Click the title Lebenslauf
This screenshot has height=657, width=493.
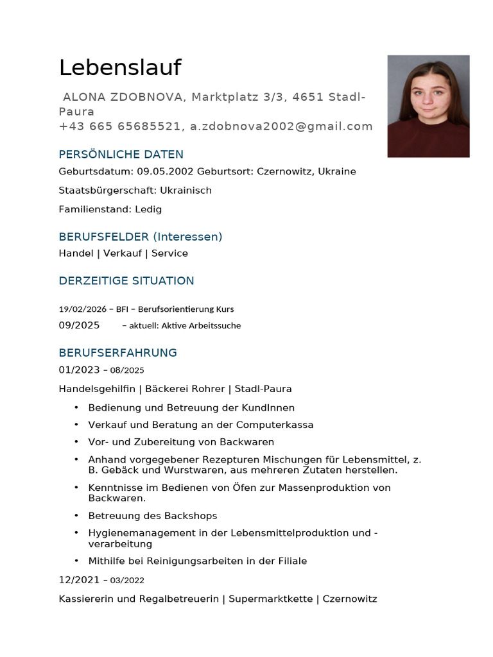tap(120, 68)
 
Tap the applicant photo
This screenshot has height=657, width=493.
tap(428, 106)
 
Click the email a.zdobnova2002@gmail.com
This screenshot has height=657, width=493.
tap(281, 126)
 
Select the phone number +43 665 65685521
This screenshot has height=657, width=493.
tap(119, 126)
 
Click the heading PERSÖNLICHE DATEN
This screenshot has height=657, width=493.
tap(121, 155)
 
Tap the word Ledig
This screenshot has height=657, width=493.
tap(148, 209)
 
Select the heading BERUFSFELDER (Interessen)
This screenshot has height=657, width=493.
tap(140, 237)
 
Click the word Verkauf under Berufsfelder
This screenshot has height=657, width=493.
tap(123, 253)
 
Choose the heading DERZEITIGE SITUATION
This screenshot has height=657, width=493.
tap(126, 281)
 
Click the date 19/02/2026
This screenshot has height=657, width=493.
tap(82, 309)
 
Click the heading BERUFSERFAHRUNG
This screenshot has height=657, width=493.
tap(117, 353)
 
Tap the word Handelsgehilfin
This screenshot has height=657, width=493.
tap(97, 389)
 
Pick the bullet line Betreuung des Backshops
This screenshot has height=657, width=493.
tap(153, 516)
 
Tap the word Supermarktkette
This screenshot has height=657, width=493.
tap(270, 599)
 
